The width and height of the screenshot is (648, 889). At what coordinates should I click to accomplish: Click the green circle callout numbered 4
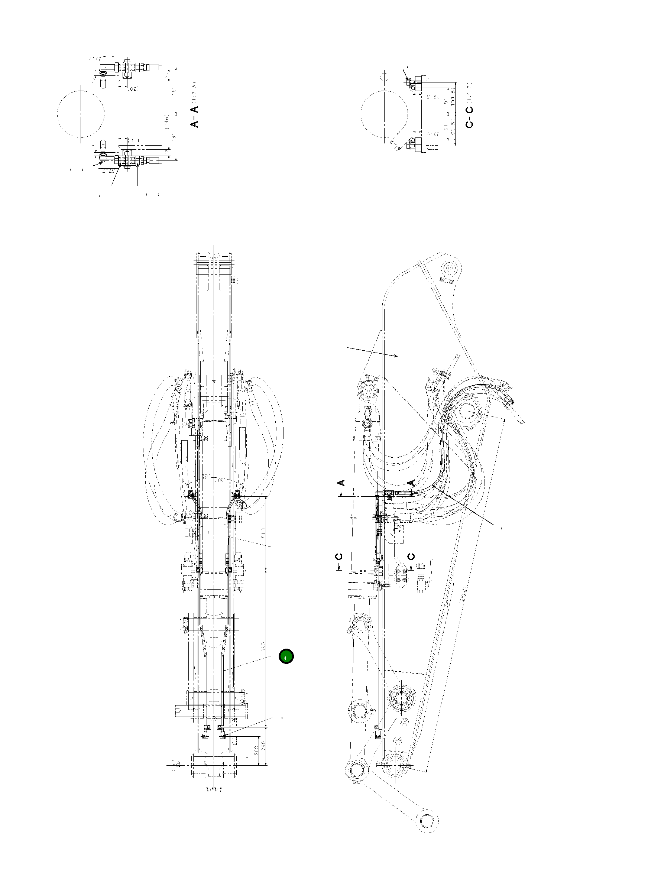click(286, 656)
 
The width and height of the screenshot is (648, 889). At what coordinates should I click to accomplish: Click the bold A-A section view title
click(195, 117)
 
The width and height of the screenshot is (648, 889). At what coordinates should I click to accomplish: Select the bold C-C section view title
click(470, 117)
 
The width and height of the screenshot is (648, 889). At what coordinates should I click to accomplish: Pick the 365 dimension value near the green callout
click(263, 646)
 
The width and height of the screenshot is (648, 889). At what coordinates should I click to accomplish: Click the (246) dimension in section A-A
click(167, 121)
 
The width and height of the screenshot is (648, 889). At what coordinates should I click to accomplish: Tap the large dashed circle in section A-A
click(81, 114)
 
